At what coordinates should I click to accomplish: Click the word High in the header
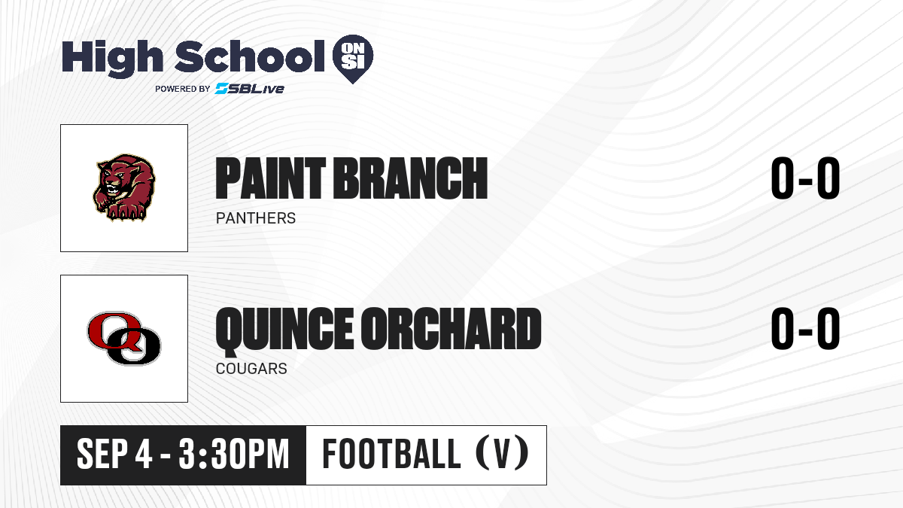coord(113,58)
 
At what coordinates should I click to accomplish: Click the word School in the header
coord(250,56)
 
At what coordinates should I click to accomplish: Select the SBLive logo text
coord(250,89)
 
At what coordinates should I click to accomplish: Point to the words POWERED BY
coord(183,89)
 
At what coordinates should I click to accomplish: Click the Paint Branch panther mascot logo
coord(125,188)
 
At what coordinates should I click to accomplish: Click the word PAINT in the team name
coord(270,178)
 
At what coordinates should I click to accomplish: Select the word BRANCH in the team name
coord(410,178)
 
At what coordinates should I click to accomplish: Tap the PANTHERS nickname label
coord(256,218)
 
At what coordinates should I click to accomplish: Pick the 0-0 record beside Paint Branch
coord(805,178)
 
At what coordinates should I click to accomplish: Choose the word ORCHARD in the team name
coord(451,329)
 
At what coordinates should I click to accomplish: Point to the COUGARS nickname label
coord(251,369)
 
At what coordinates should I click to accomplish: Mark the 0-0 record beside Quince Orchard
coord(805,329)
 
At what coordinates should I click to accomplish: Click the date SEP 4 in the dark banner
coord(114,455)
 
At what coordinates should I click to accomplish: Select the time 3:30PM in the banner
coord(234,455)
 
